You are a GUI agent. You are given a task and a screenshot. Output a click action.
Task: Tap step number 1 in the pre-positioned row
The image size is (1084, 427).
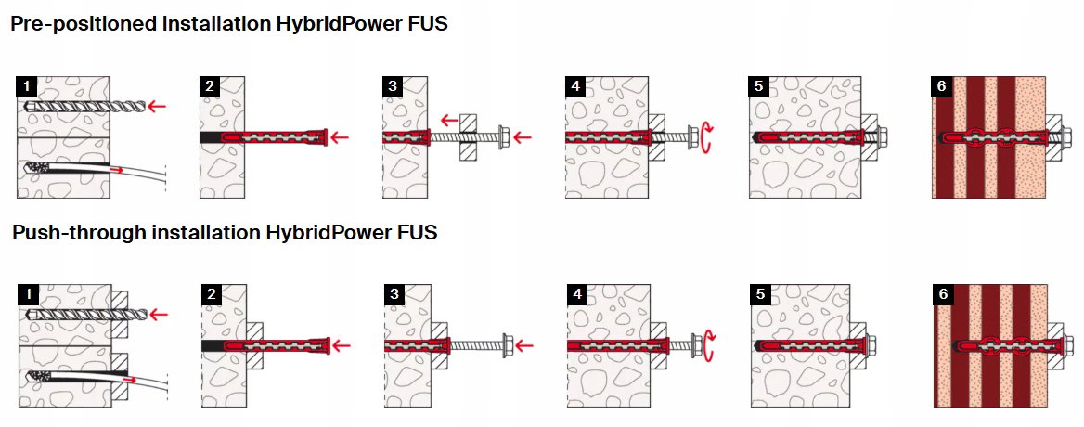[x=26, y=86]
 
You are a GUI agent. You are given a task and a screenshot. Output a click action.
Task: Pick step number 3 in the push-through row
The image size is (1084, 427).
[x=394, y=294]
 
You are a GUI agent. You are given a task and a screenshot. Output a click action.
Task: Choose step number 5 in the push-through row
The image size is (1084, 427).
[x=760, y=294]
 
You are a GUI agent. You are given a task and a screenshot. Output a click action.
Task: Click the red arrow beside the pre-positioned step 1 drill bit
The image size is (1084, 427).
[x=159, y=106]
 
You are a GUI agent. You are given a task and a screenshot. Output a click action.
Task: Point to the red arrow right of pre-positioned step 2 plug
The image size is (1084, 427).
[x=340, y=136]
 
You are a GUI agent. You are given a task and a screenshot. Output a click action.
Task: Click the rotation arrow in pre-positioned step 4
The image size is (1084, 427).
[x=706, y=136]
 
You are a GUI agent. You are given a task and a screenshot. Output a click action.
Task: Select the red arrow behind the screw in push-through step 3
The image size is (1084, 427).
[x=524, y=344]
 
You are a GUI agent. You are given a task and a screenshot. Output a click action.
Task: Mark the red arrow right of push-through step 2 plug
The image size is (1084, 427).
[x=342, y=344]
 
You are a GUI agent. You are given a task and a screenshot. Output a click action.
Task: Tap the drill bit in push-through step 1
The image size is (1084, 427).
[x=85, y=315]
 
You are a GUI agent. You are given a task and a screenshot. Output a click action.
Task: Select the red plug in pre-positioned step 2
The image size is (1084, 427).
[x=274, y=136]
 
